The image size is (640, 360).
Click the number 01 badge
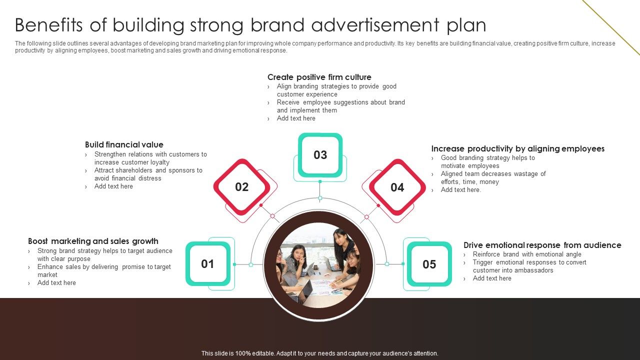point(207,263)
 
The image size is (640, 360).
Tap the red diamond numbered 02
point(241,187)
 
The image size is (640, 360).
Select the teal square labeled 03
point(320,155)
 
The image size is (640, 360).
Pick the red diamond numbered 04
point(397,187)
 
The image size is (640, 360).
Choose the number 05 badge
point(429,264)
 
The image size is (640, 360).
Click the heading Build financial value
point(124,144)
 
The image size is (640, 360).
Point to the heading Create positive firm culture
point(319,77)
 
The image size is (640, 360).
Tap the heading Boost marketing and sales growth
point(93,241)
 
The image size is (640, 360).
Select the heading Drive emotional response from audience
point(542,245)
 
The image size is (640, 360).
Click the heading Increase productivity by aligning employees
point(517,148)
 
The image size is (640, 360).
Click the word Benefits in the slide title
point(48,25)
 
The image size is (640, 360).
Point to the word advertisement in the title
point(375,25)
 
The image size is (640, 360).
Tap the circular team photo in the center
point(318,265)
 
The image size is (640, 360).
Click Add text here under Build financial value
point(113,186)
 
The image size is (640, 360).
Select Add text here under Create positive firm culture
point(296,118)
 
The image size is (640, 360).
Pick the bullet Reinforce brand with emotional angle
point(527,254)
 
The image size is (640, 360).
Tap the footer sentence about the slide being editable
point(319,353)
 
